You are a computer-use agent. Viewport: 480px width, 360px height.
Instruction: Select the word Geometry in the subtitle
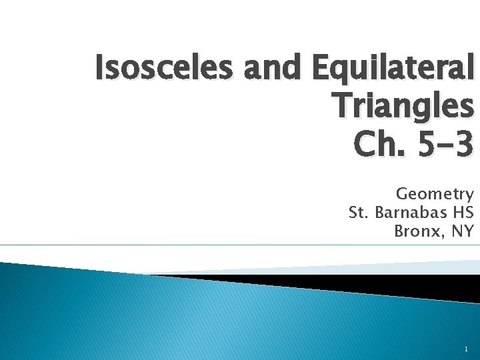click(x=435, y=194)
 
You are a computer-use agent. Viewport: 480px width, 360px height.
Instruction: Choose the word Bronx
click(x=415, y=231)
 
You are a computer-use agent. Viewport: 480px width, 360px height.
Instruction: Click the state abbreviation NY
click(x=463, y=231)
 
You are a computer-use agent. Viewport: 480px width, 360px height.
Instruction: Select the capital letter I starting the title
click(x=99, y=68)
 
